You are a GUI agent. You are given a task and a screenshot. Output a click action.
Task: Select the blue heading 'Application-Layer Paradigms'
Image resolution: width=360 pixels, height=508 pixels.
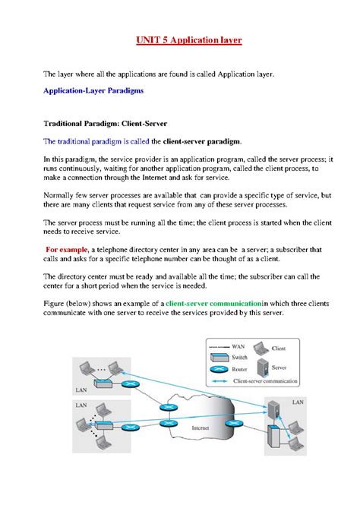click(88, 90)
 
